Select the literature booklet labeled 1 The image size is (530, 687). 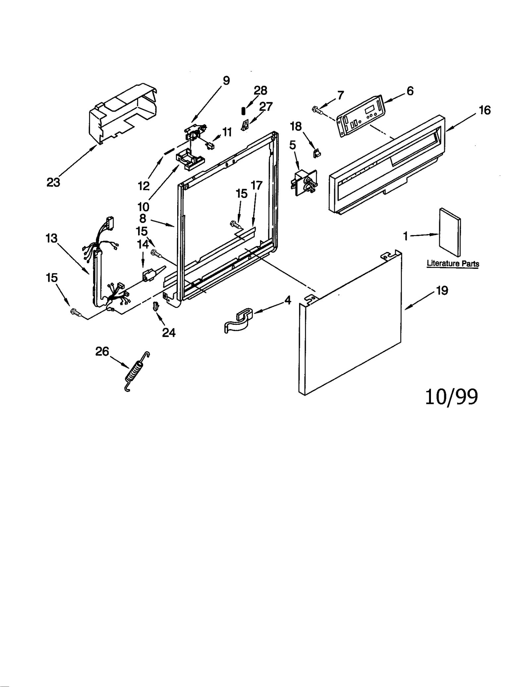point(450,233)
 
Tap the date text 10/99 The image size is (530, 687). point(451,397)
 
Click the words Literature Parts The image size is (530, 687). point(453,264)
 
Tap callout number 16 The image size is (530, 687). point(485,110)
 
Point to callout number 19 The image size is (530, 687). point(442,291)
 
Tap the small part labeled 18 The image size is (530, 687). point(317,153)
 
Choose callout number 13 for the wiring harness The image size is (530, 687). point(51,238)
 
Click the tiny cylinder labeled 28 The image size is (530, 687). point(243,111)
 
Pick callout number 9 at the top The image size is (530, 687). point(226,80)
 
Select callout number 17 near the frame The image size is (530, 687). point(257,186)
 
